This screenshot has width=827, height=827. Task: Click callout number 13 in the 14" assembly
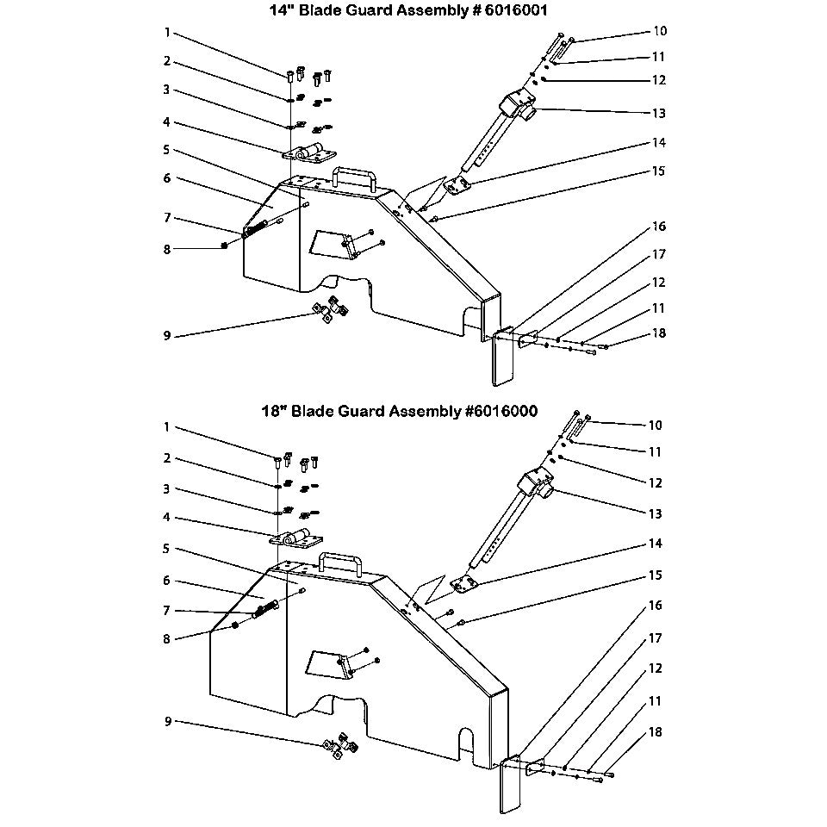pos(658,113)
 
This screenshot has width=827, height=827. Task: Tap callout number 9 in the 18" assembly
pos(168,721)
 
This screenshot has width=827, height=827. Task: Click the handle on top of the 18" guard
pos(337,563)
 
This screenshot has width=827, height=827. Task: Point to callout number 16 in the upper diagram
pos(658,227)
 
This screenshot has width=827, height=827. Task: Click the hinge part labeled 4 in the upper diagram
pos(309,154)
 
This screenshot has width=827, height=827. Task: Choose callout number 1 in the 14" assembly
pos(168,33)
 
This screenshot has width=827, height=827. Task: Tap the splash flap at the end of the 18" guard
pos(508,786)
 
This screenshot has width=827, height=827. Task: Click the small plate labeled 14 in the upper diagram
pos(457,185)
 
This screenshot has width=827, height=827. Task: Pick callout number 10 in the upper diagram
pos(660,31)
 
